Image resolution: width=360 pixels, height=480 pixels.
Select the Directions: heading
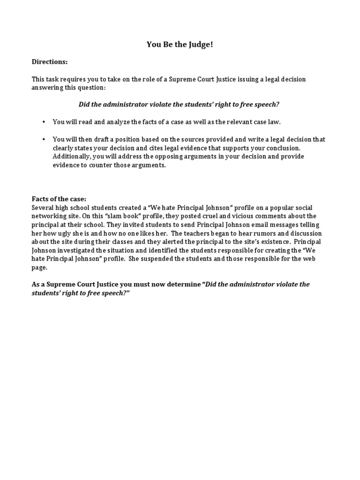coord(50,62)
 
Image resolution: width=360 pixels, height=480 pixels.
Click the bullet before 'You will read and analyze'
coord(44,122)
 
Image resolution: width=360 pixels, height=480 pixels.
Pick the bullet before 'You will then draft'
coord(44,139)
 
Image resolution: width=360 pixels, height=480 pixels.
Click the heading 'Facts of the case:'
coord(59,199)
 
